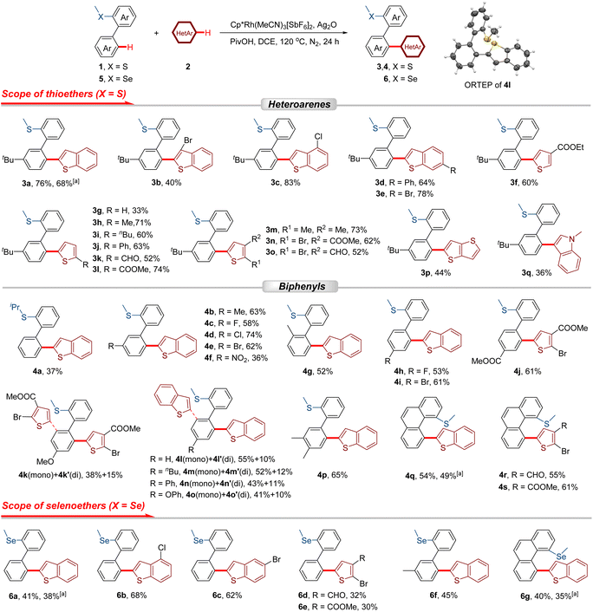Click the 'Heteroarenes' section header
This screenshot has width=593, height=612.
pos(299,104)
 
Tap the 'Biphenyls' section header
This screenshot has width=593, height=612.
pos(302,286)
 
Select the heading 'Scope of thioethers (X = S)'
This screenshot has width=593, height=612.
pos(63,94)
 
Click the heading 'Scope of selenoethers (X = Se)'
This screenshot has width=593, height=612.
pos(74,505)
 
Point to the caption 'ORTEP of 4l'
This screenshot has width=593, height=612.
pos(487,85)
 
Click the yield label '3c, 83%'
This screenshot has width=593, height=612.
pos(285,182)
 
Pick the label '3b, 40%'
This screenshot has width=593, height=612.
pos(166,182)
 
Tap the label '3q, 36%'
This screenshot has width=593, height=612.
pos(537,273)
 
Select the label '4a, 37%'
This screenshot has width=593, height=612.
pos(48,371)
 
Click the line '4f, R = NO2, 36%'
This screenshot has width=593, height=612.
pos(236,358)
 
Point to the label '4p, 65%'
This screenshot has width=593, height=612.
pos(332,475)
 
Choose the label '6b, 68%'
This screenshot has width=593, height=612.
pos(132,596)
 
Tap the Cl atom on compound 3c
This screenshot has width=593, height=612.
pos(318,136)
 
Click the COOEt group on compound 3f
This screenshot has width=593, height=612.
pos(570,147)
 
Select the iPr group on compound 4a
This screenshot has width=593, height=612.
pos(16,307)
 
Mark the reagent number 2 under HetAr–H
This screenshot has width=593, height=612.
pos(188,67)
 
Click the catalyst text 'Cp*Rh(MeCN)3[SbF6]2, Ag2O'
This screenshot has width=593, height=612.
pos(283,25)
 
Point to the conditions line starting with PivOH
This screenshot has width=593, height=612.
pos(284,42)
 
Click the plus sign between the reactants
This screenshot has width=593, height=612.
pos(156,33)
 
